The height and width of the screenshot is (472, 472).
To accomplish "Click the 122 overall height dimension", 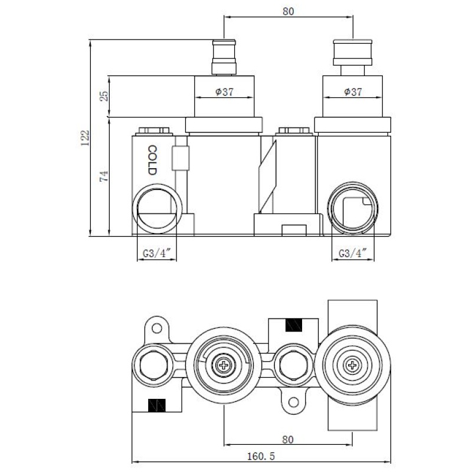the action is coord(85,138).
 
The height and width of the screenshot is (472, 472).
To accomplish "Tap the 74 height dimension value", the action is coord(104,176).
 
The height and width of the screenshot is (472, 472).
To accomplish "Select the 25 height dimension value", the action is coord(104,96).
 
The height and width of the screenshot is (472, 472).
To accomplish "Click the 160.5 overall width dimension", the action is coord(261,456).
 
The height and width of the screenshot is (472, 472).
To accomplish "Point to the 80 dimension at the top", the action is coord(288,11).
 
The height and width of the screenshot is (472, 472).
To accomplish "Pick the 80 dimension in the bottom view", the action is coord(288,440).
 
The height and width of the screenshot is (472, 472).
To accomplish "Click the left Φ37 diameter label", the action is coord(225,91).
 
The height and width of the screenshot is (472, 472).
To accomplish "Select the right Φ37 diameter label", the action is coord(353,91).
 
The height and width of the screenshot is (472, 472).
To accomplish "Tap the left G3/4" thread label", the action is coord(157,253).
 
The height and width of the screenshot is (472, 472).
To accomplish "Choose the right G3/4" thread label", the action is coord(353,253).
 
